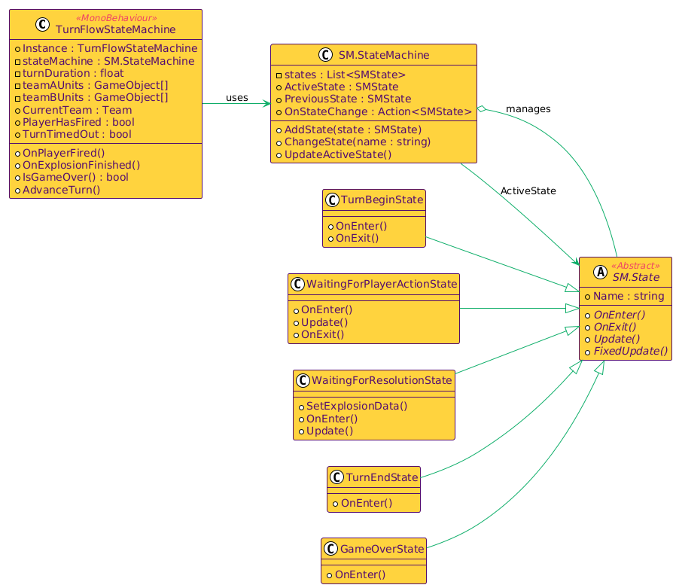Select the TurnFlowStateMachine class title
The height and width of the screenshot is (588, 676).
click(116, 29)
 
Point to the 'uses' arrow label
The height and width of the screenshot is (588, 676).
click(236, 98)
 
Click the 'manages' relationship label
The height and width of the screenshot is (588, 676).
click(528, 109)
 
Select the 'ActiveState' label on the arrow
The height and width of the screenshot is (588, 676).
click(528, 191)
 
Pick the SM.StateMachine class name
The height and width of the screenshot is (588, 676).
click(384, 55)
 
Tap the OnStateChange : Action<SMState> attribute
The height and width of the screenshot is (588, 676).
click(378, 111)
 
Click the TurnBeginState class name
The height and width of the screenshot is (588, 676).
click(382, 200)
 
